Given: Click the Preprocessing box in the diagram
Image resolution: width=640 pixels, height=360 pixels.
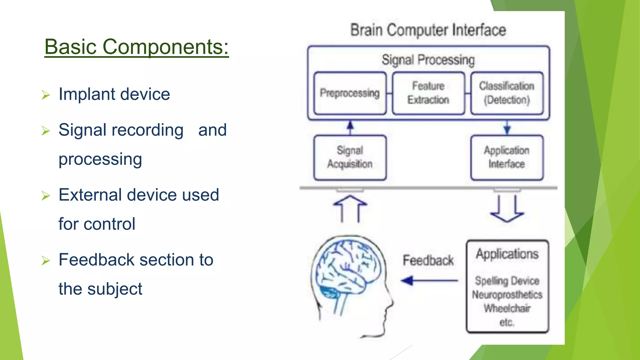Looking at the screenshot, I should point(350,93).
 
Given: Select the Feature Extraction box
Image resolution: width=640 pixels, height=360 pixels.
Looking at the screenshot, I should point(428,93).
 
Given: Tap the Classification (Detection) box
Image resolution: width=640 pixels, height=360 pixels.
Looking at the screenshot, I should point(507,93).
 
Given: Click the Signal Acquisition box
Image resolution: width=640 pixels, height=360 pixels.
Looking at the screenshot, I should point(350,157).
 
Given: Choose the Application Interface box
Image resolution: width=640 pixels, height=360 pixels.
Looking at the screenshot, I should point(507,157).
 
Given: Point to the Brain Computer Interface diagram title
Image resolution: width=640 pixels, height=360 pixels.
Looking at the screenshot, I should point(428,30).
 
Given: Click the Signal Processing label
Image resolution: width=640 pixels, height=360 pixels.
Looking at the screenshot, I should point(428,60).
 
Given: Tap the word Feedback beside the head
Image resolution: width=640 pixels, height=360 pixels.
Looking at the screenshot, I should point(428,260).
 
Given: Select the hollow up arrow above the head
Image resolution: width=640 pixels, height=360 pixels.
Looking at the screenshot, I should point(350,208).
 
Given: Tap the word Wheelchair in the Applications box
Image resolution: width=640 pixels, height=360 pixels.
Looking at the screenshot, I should point(507,308).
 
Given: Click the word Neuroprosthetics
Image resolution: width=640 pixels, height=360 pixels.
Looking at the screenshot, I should point(507,295).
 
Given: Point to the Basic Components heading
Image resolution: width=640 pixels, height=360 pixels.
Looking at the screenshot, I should point(137,47).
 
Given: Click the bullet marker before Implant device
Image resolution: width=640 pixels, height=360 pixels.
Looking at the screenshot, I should point(46,95).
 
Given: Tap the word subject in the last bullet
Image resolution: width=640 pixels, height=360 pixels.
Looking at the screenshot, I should point(115,289).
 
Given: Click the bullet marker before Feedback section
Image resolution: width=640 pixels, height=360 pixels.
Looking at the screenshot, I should point(46,260).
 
